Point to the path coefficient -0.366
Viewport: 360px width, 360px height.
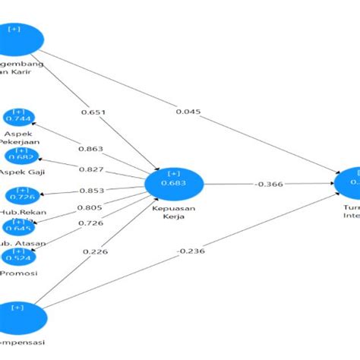[x=269, y=184]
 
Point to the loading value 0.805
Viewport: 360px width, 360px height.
[x=88, y=207]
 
